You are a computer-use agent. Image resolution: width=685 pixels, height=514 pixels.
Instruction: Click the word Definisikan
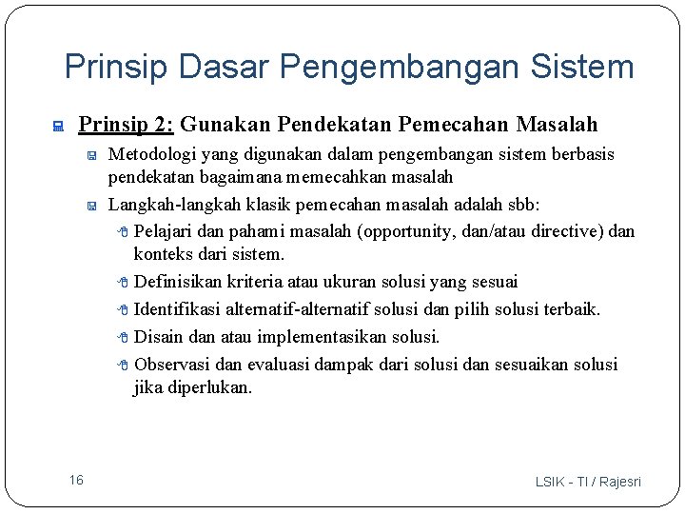tap(177, 282)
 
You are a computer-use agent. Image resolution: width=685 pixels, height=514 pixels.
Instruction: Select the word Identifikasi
tap(174, 309)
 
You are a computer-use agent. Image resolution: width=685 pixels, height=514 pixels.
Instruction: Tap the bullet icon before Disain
tap(124, 337)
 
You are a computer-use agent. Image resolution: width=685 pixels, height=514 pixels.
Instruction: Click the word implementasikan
tap(315, 337)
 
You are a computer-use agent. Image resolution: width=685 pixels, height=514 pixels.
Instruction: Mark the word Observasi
tap(172, 365)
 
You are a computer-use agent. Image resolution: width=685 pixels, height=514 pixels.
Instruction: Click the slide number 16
tap(76, 480)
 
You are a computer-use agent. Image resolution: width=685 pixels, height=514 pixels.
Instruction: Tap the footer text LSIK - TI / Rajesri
tap(588, 482)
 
